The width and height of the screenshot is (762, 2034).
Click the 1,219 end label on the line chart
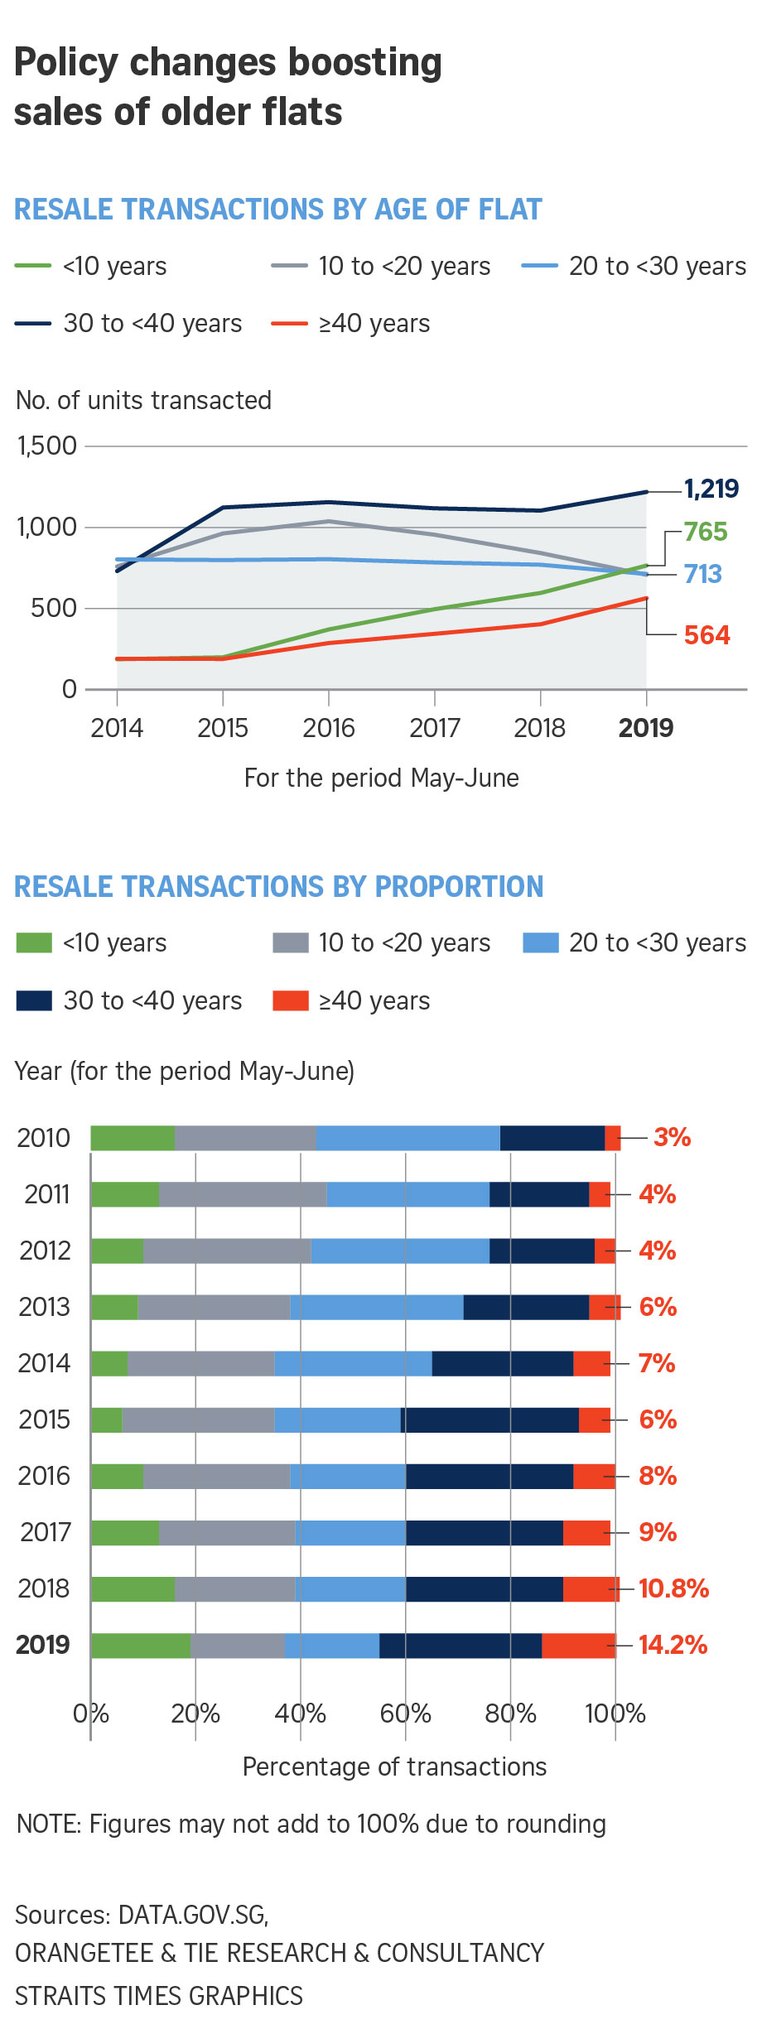click(711, 489)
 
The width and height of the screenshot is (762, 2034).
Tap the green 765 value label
click(706, 532)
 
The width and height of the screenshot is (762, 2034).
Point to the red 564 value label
click(707, 635)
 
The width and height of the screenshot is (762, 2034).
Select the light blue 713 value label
click(702, 574)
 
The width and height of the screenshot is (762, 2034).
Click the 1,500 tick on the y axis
click(47, 446)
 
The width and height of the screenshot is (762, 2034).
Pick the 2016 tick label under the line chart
click(329, 728)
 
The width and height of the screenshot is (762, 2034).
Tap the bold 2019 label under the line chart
click(646, 728)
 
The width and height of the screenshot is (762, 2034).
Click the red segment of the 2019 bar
click(579, 1645)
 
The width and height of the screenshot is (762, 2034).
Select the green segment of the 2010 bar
click(133, 1138)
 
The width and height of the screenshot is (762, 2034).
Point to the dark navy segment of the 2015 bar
click(490, 1419)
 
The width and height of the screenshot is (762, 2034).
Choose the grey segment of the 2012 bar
click(227, 1251)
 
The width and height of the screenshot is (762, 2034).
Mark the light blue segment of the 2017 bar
click(350, 1532)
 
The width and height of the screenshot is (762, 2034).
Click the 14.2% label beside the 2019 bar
click(673, 1645)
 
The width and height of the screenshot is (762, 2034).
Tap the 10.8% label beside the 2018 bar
click(673, 1588)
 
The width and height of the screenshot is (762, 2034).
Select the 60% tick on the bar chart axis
click(406, 1713)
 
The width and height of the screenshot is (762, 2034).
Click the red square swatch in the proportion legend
click(290, 1000)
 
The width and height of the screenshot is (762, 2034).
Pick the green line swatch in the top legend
click(33, 266)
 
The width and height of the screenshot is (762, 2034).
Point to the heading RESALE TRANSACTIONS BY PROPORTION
click(279, 886)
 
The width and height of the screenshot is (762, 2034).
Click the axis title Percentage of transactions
click(394, 1766)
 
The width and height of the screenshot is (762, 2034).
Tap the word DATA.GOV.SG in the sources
click(193, 1915)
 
